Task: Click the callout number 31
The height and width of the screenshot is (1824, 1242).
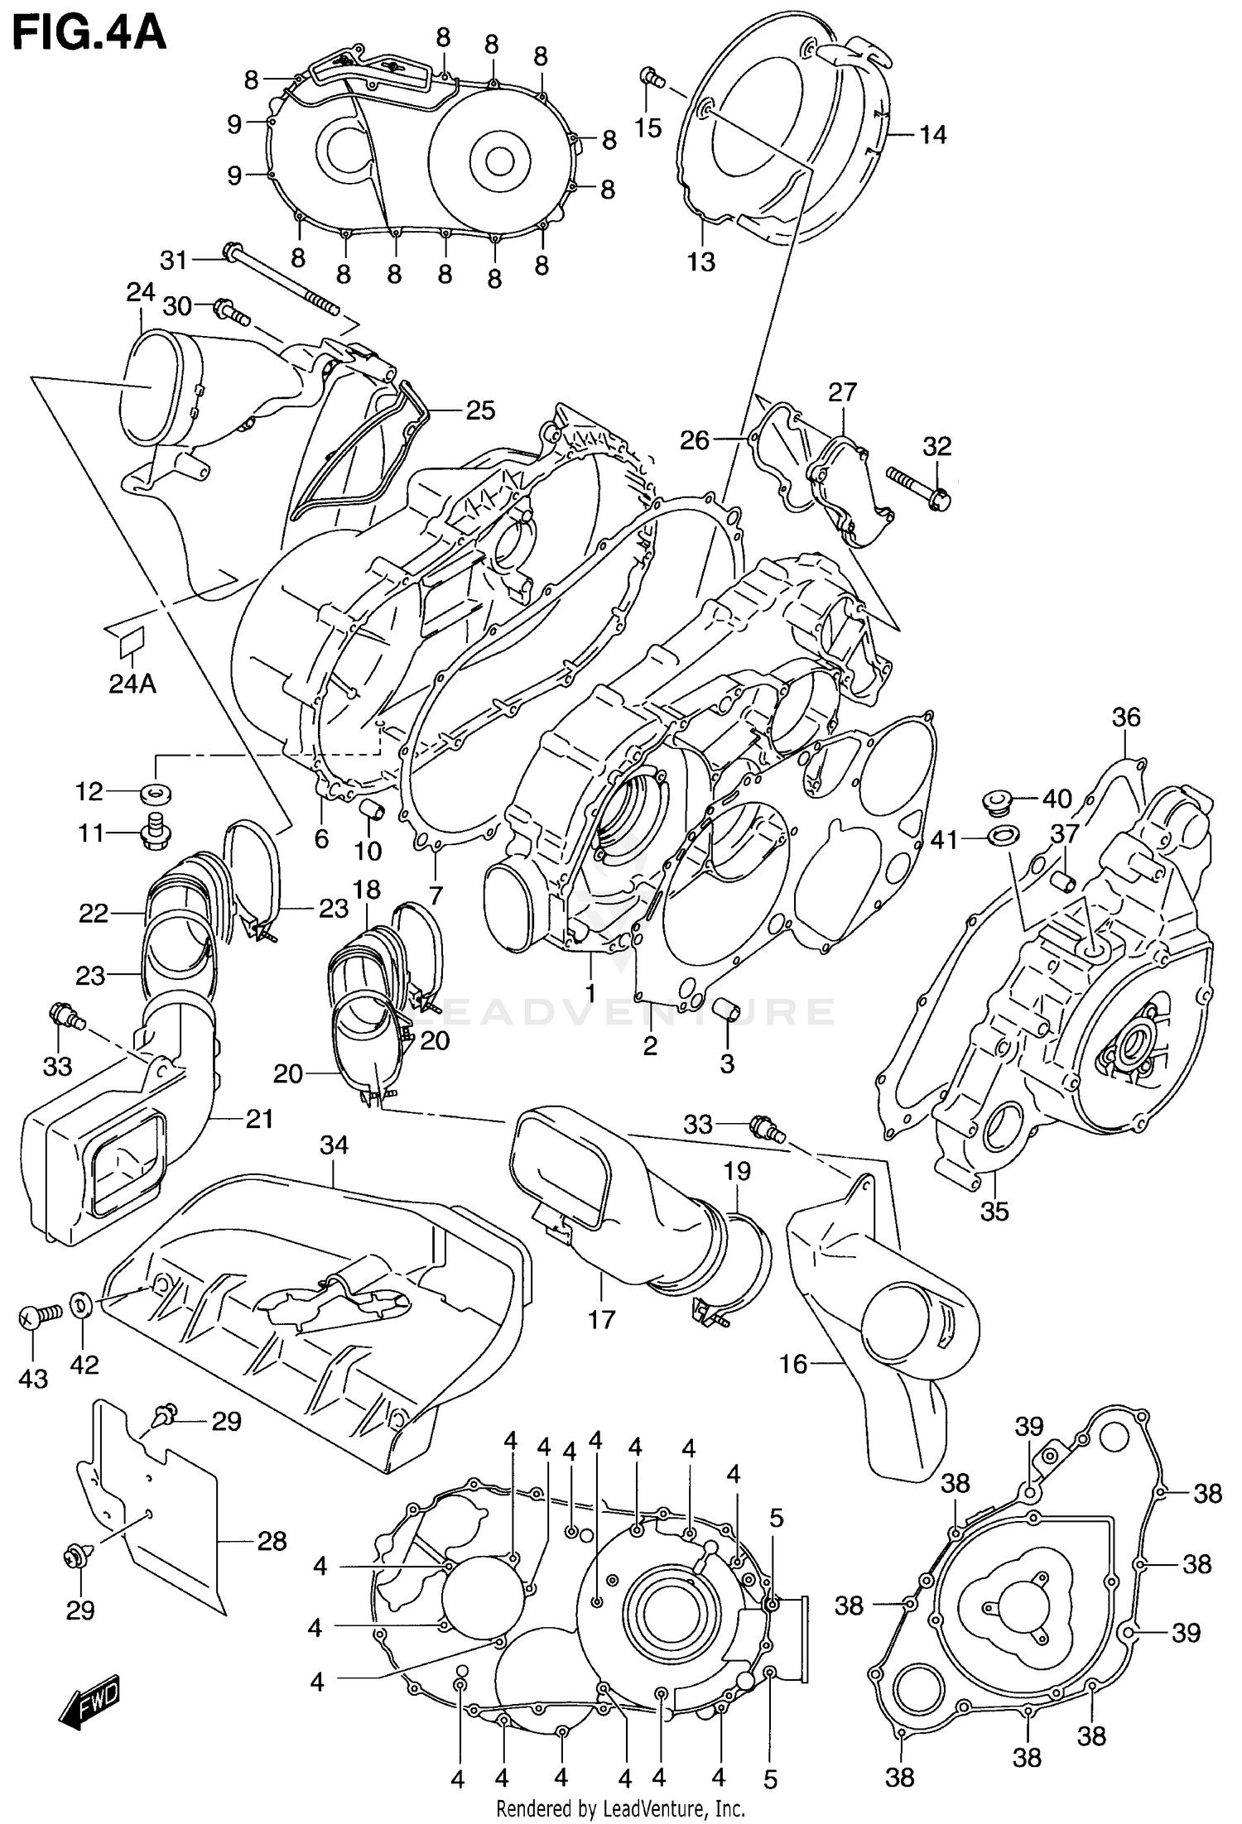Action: click(174, 261)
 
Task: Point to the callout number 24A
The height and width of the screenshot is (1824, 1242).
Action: click(132, 684)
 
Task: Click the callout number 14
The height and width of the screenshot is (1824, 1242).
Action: click(932, 135)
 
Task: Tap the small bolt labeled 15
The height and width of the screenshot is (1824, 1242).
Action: click(652, 79)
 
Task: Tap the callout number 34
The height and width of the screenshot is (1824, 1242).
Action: click(334, 1145)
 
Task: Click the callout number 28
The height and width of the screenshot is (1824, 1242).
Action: click(272, 1541)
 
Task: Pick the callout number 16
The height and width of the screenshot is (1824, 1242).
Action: click(793, 1363)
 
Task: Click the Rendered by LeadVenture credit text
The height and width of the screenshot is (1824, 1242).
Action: click(621, 1809)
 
